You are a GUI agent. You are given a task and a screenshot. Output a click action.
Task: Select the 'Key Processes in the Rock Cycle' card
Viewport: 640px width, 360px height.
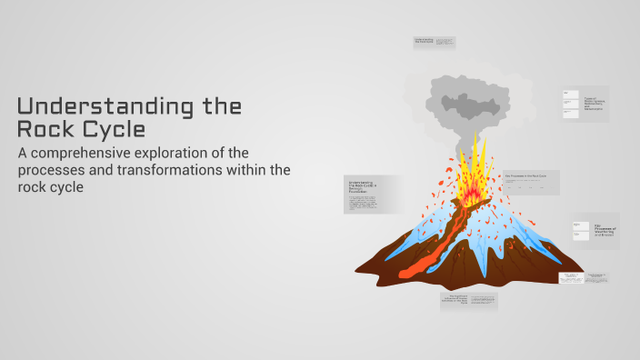[531, 182]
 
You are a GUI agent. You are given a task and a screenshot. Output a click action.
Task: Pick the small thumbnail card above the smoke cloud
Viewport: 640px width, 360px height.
[435, 43]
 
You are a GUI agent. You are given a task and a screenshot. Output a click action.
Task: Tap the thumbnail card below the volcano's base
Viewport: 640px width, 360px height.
[468, 301]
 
